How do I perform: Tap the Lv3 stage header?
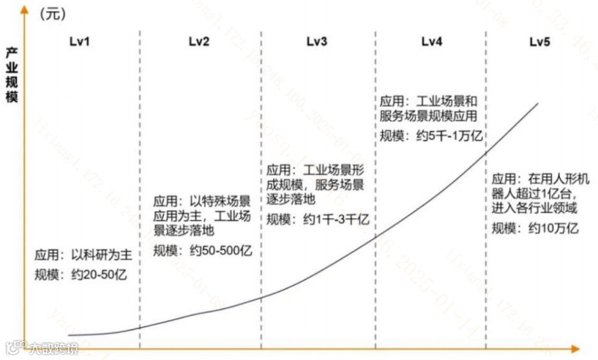click(x=316, y=42)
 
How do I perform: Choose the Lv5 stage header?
click(x=540, y=42)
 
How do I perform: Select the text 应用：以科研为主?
click(x=83, y=256)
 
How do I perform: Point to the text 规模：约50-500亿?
click(x=202, y=250)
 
